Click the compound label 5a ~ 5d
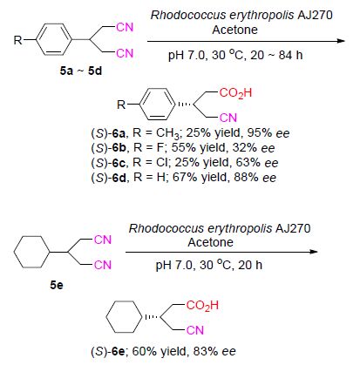[81, 71]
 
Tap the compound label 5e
[57, 285]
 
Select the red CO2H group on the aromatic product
[235, 93]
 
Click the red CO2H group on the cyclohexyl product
[202, 306]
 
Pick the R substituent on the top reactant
[17, 40]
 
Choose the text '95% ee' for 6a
[268, 133]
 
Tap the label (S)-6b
[108, 148]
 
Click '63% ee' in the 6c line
[257, 163]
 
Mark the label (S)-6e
[108, 352]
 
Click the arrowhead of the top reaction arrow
[342, 41]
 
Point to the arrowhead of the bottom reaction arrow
[315, 252]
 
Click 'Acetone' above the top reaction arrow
[234, 30]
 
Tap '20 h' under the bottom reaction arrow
[250, 265]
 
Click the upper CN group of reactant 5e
[103, 240]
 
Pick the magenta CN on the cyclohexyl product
[195, 330]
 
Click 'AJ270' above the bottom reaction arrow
[293, 228]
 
